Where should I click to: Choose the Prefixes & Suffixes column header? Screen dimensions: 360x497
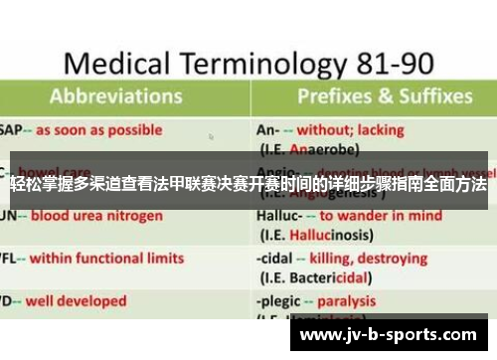click(x=384, y=97)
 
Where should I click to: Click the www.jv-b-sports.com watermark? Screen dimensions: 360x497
click(x=393, y=335)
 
